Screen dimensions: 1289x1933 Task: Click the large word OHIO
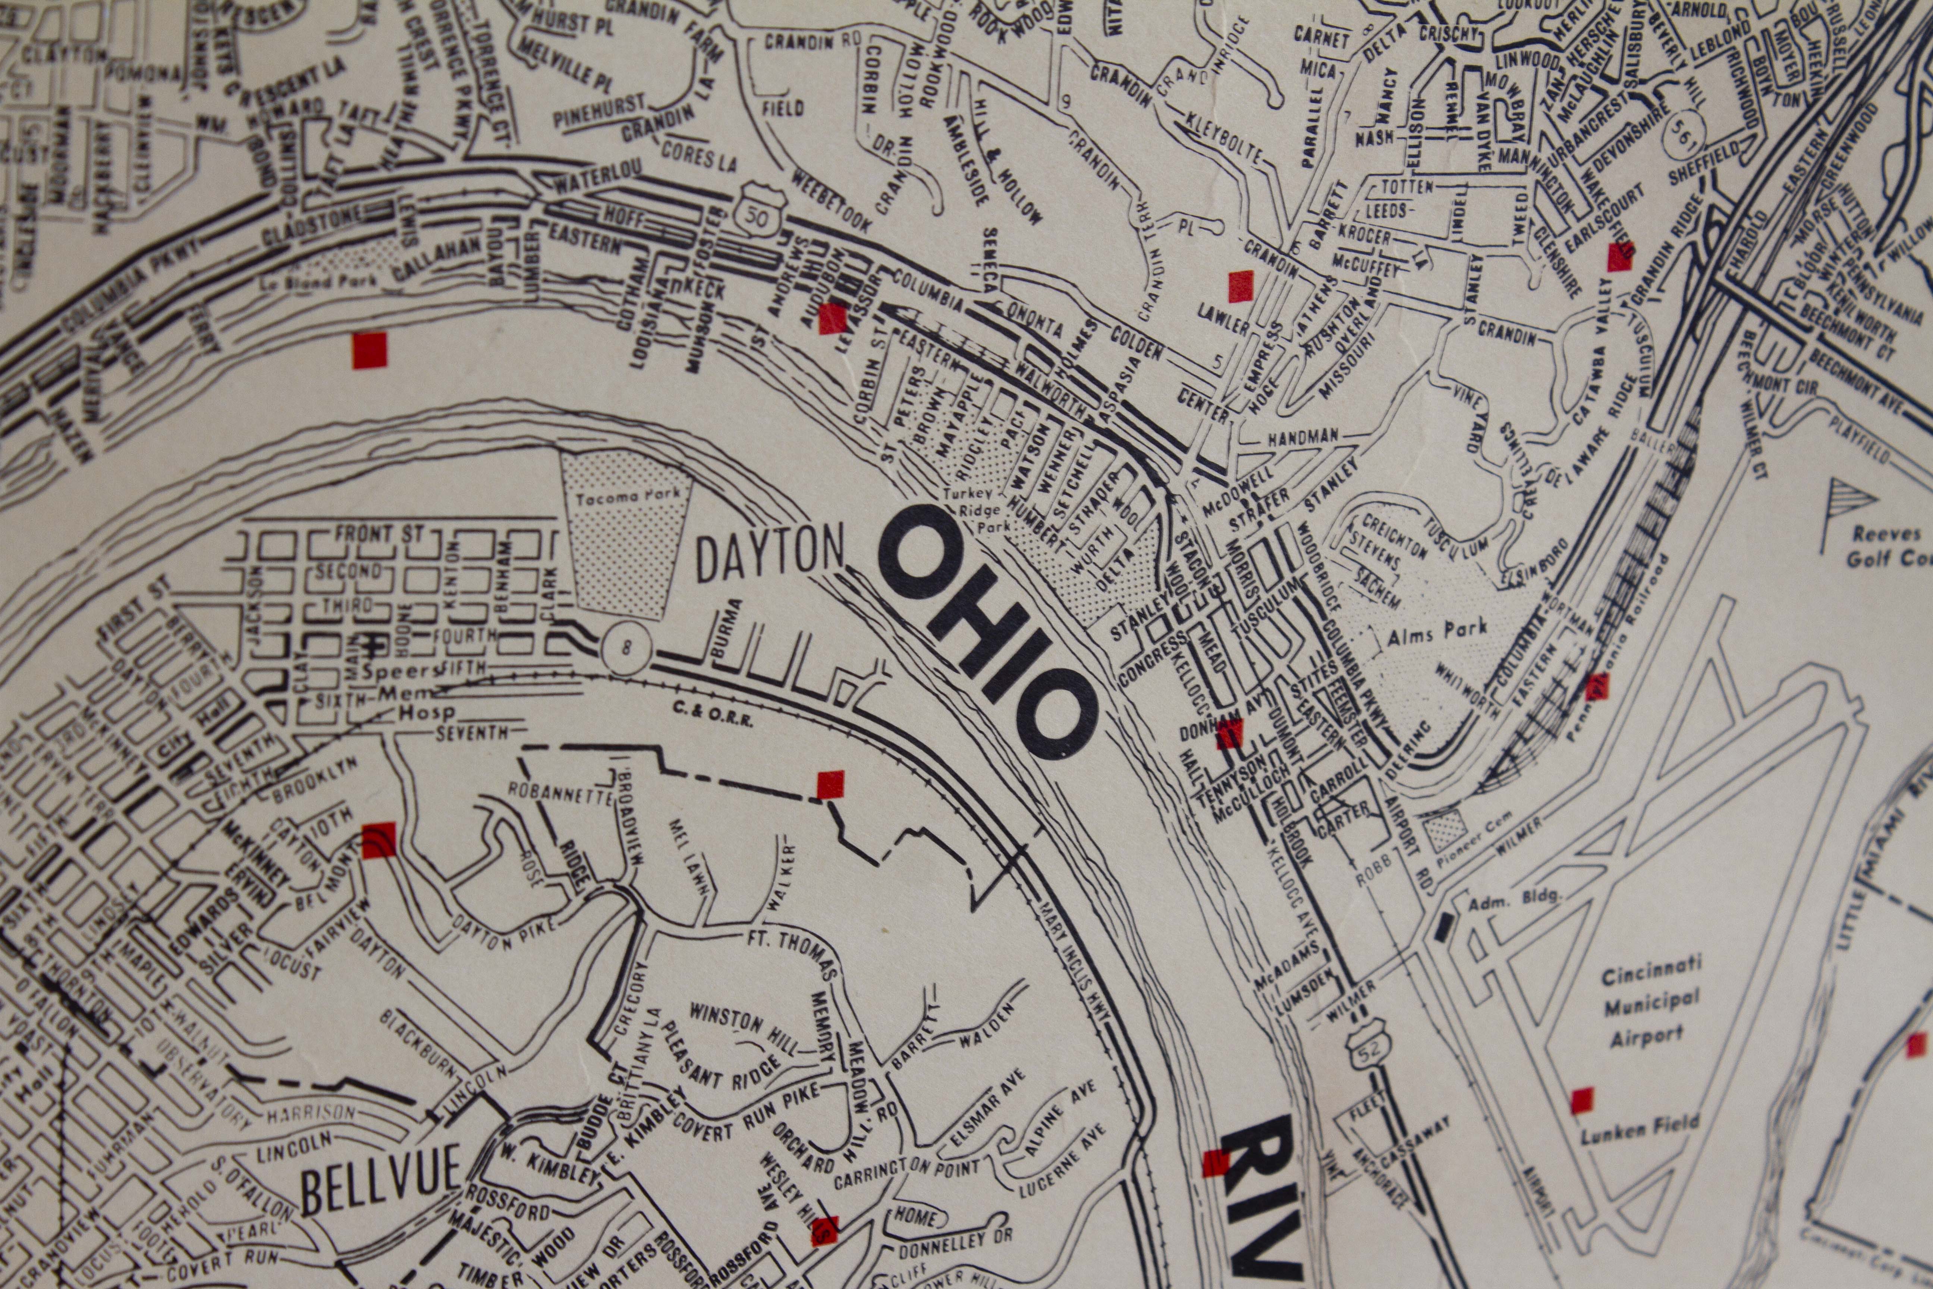coord(986,633)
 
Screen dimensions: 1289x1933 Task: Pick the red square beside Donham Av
coord(1229,733)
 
